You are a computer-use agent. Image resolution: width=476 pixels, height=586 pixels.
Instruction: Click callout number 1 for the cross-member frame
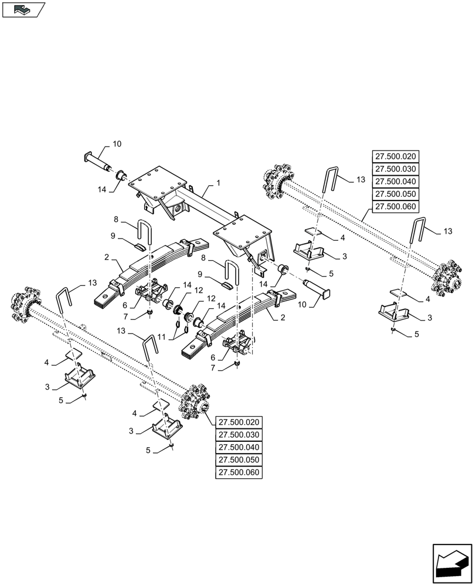(218, 183)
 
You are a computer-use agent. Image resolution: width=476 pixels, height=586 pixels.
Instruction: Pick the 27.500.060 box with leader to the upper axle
(395, 206)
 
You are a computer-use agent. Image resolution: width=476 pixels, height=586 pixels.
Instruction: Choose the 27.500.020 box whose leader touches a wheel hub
(240, 422)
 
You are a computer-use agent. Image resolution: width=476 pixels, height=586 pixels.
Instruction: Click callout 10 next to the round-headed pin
(117, 144)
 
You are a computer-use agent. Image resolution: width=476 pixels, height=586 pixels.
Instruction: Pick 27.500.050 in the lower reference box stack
(240, 460)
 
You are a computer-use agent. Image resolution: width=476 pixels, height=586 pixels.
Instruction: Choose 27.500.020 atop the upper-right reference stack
(395, 156)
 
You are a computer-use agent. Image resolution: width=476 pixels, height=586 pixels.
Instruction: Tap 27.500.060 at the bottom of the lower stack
(240, 473)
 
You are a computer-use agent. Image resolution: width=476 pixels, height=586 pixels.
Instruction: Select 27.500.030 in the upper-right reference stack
(395, 169)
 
